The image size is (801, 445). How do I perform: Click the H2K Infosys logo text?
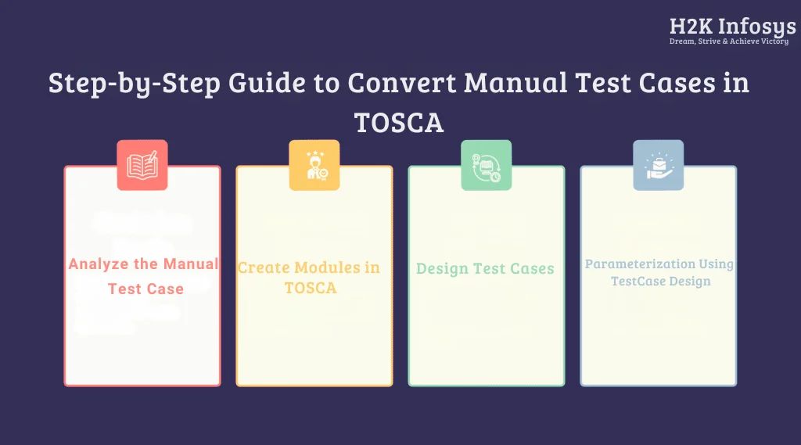coord(732,26)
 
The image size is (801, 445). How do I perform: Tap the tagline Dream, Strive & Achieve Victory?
coord(728,41)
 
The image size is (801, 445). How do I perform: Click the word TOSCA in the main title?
coord(399,122)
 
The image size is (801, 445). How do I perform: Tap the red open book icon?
coord(142,165)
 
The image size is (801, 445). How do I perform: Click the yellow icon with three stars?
coord(314,165)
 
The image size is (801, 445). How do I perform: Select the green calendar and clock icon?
coord(486,165)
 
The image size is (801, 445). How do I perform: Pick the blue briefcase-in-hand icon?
coord(658,165)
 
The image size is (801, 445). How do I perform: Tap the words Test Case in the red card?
coord(146,289)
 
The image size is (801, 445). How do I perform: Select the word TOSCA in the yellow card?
coord(311,288)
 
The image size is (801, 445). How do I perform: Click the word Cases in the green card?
coord(532,269)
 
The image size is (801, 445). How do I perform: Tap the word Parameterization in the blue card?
coord(639,264)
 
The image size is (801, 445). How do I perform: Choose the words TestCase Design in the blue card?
coord(660,282)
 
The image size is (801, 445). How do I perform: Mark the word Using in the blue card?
coord(716,264)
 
